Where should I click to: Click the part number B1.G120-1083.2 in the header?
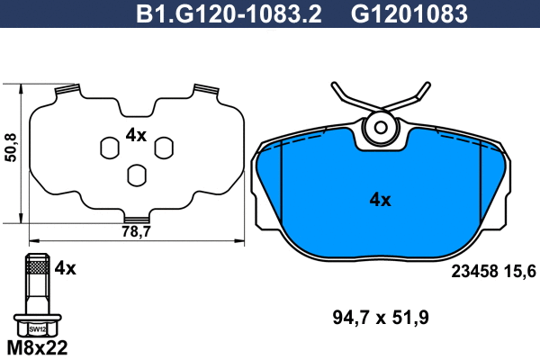pos(229,14)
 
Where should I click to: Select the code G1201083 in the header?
pos(409,14)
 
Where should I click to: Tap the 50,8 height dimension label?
pos(11,148)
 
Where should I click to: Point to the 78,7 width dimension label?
pos(137,231)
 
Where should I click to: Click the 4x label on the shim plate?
pos(136,135)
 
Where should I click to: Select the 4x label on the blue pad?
pos(380,200)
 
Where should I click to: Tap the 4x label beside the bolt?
pos(66,267)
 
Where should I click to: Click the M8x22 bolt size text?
pos(37,348)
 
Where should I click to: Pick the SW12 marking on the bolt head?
pos(37,329)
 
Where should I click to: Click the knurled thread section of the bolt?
pos(38,267)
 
